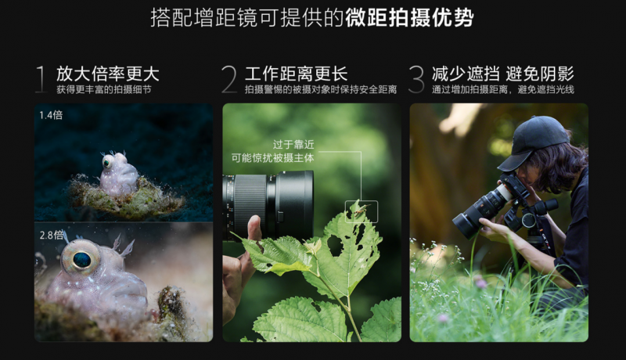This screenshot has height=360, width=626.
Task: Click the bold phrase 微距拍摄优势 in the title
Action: click(x=409, y=18)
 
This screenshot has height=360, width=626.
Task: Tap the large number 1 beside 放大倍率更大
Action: click(x=41, y=79)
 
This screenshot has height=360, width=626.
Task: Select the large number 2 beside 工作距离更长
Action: click(x=228, y=79)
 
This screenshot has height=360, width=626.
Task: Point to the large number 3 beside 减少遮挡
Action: click(x=416, y=79)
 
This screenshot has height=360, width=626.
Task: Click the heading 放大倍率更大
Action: click(x=107, y=74)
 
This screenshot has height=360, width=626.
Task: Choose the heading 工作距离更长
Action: click(x=296, y=74)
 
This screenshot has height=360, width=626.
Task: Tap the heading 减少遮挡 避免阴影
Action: click(x=502, y=74)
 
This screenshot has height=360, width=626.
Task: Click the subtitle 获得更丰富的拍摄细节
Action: click(x=103, y=90)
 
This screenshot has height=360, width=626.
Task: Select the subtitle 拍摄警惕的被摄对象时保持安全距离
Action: click(x=320, y=90)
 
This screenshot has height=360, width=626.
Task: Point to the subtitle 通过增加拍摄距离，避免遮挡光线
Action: click(x=502, y=90)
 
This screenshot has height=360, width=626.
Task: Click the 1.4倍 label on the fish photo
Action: click(x=52, y=116)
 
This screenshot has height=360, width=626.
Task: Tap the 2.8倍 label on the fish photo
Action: click(x=52, y=234)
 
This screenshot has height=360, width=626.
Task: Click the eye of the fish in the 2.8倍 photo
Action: click(x=81, y=257)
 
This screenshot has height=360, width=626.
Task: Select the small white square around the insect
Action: click(x=362, y=211)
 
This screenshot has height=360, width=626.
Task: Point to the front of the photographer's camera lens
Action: click(x=465, y=223)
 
